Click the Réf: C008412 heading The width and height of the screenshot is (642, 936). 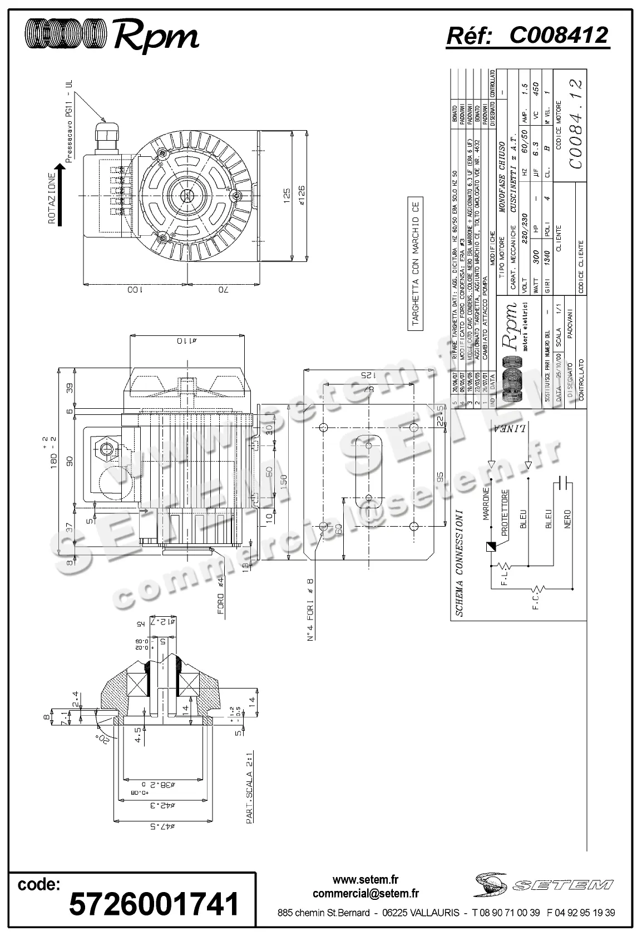528,36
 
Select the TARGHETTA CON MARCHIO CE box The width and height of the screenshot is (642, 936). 416,264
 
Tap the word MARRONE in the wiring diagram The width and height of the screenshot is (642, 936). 485,504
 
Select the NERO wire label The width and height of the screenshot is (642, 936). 567,520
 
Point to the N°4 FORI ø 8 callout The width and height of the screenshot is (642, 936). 310,609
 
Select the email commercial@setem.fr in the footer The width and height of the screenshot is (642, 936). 366,893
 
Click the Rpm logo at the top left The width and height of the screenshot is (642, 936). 111,35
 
